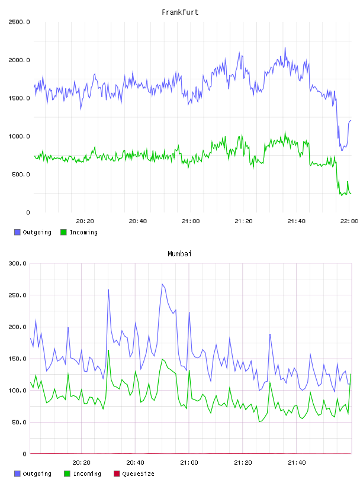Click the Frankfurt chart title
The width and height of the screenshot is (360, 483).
pyautogui.click(x=180, y=12)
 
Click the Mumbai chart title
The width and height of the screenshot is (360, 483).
pyautogui.click(x=179, y=254)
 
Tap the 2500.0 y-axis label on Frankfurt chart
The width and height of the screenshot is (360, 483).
pyautogui.click(x=19, y=22)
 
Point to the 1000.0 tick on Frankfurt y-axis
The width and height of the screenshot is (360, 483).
pyautogui.click(x=19, y=136)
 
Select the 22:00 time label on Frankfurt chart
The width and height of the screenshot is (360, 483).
pyautogui.click(x=349, y=221)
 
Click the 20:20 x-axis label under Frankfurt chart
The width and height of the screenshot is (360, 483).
pyautogui.click(x=85, y=221)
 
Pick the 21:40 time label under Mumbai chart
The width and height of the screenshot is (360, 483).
pyautogui.click(x=297, y=462)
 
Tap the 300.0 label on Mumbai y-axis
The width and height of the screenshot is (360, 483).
pyautogui.click(x=18, y=263)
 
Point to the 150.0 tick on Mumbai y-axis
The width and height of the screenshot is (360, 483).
pyautogui.click(x=18, y=359)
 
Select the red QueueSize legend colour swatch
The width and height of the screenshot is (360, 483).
pyautogui.click(x=117, y=474)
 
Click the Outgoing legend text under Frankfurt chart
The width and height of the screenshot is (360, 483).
pyautogui.click(x=37, y=232)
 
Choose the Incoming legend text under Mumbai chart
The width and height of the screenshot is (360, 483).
pyautogui.click(x=87, y=474)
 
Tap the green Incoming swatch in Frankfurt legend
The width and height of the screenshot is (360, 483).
pyautogui.click(x=63, y=232)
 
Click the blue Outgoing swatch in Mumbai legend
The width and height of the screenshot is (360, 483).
pyautogui.click(x=17, y=474)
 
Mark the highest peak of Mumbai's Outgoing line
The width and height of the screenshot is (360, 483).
pyautogui.click(x=162, y=284)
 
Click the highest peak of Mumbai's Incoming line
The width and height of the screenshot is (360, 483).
pyautogui.click(x=108, y=350)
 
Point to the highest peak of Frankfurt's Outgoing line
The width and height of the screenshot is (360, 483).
pyautogui.click(x=285, y=48)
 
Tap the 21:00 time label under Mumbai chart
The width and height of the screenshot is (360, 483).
pyautogui.click(x=189, y=462)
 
